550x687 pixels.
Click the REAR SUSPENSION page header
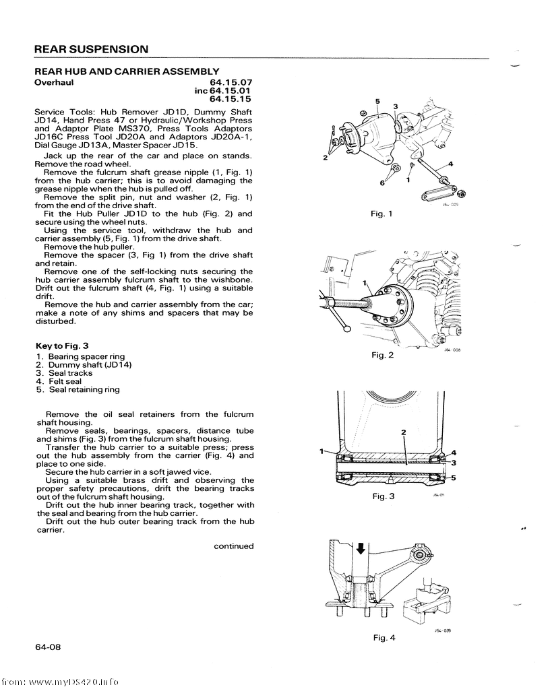pos(91,50)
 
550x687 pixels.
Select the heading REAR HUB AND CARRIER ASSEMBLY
pos(126,71)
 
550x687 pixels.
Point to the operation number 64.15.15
pos(231,99)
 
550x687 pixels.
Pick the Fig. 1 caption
pos(381,214)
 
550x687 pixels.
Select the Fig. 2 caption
pos(381,355)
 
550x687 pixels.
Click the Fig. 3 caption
pos(383,496)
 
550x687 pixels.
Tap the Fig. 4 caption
pos(384,638)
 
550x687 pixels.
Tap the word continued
pos(234,546)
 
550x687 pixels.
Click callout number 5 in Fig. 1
pos(377,102)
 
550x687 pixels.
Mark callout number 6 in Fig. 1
pos(382,183)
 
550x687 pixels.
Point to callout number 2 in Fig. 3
pos(403,431)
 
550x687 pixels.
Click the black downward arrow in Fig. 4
pos(361,548)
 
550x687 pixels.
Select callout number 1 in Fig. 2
pos(364,283)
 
